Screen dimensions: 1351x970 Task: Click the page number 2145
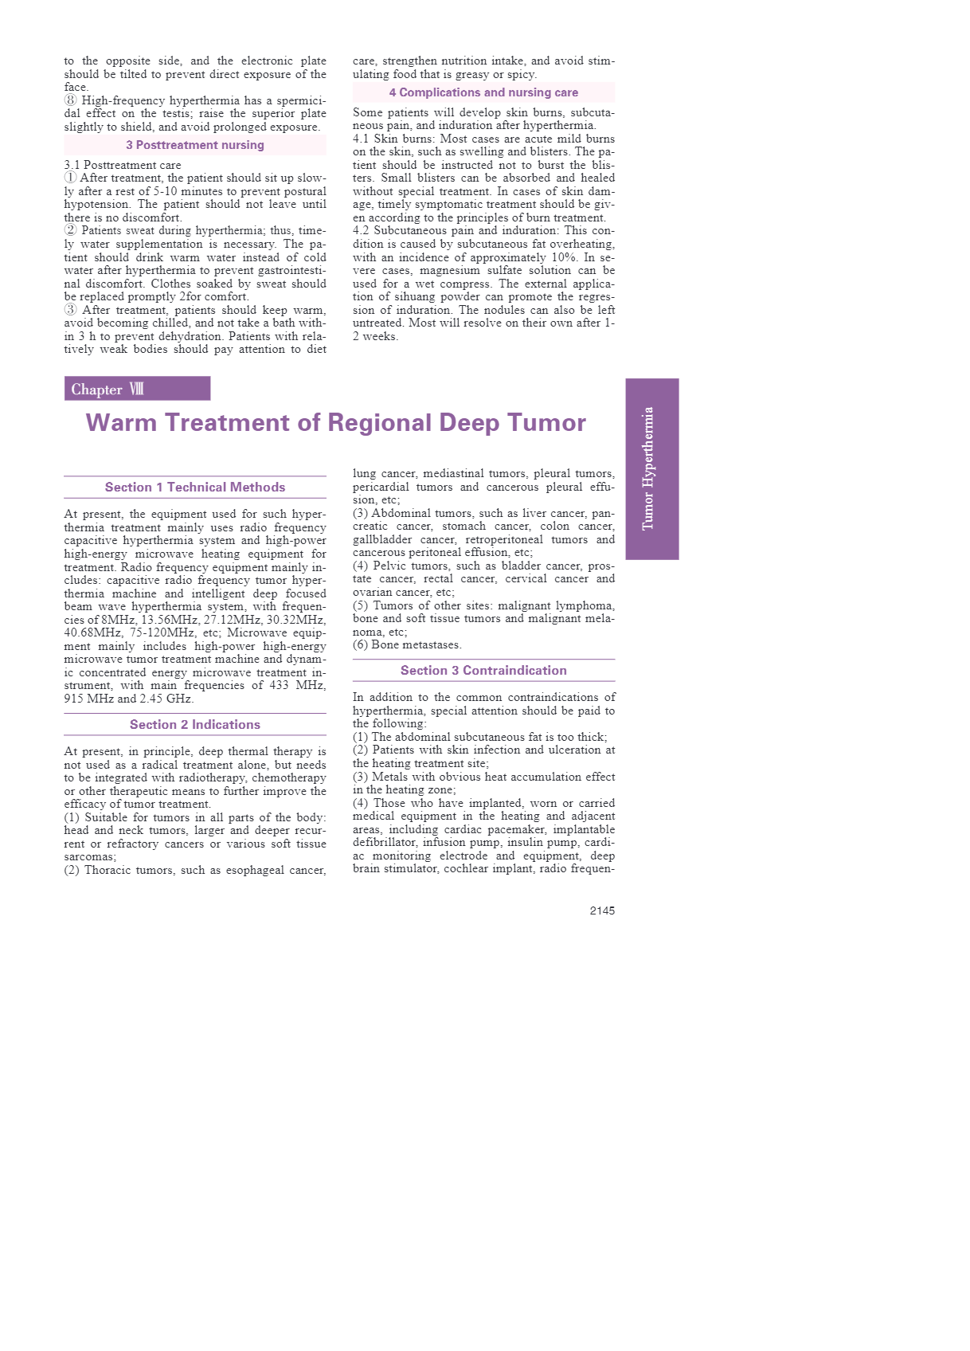[601, 910]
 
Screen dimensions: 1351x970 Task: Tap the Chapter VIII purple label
[137, 389]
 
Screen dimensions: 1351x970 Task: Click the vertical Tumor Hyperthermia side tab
[651, 468]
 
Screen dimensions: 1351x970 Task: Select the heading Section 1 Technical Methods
[195, 488]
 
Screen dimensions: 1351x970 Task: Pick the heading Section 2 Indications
[195, 725]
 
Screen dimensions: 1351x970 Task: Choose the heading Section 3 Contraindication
[483, 671]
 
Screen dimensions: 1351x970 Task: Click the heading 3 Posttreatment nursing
[195, 145]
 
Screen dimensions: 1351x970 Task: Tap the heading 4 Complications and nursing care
[483, 92]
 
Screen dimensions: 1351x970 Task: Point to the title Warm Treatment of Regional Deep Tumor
[335, 422]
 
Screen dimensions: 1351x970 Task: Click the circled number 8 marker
[71, 100]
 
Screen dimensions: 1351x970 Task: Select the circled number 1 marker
[71, 178]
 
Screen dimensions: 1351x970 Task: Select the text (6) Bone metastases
[407, 644]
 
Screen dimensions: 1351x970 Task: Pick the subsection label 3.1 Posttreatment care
[123, 165]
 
